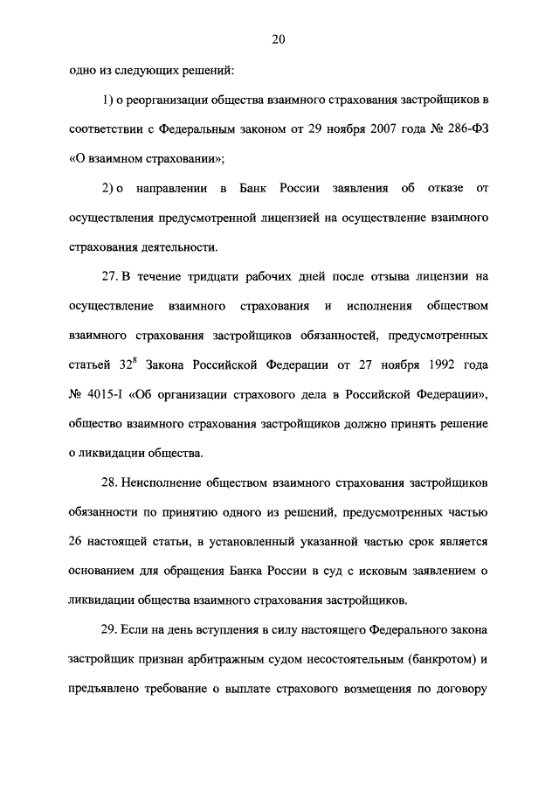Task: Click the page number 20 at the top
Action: pos(279,38)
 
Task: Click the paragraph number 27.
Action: pos(109,276)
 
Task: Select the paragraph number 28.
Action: pos(109,483)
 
